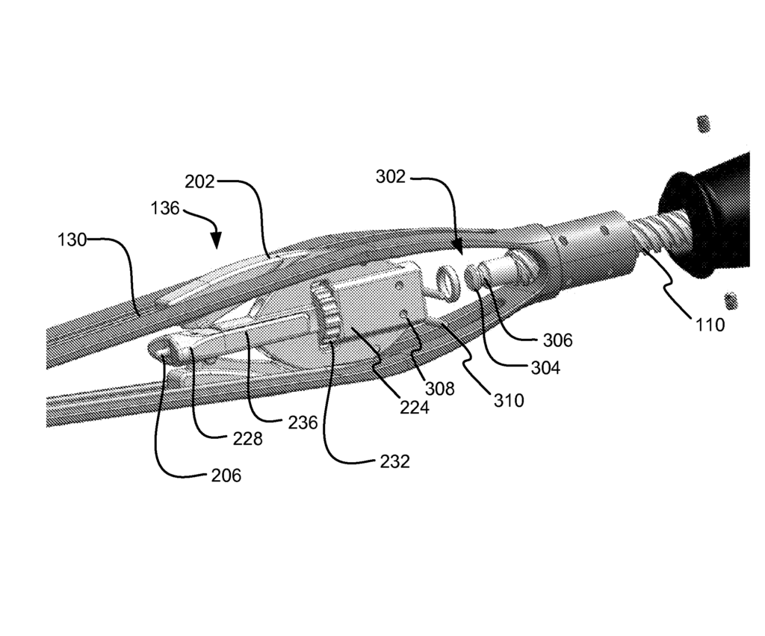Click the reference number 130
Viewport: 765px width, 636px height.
72,240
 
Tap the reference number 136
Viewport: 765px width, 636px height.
165,208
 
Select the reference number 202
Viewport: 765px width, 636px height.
199,182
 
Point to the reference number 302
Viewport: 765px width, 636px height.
390,176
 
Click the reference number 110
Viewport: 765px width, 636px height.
710,324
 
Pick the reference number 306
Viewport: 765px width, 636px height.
557,340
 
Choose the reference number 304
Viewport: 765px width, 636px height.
545,368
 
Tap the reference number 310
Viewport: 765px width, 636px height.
509,401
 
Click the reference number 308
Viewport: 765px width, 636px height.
439,388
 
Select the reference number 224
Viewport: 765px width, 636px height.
414,407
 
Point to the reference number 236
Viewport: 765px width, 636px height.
303,423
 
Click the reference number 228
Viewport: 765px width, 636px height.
247,439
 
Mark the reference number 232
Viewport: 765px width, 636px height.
394,461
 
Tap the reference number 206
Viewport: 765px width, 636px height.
226,476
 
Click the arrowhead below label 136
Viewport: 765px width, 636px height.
216,241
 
